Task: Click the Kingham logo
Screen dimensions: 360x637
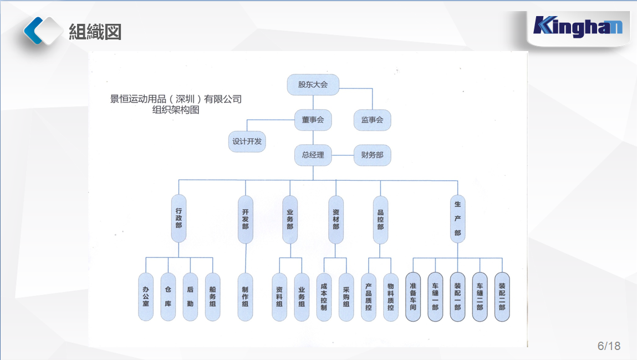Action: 578,27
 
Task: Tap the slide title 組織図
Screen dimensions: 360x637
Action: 95,32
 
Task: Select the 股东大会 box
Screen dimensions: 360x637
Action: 313,85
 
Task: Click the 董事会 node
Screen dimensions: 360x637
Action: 313,120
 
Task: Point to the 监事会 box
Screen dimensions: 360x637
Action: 372,120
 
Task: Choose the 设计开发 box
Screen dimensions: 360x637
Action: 247,141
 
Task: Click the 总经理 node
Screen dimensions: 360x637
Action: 313,155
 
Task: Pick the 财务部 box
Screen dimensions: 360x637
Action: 372,155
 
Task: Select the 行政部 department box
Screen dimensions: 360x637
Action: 179,219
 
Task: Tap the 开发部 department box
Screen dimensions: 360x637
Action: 246,219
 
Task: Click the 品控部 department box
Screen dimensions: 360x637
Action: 380,219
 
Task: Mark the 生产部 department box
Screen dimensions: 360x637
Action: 457,219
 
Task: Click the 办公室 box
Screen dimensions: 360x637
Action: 146,296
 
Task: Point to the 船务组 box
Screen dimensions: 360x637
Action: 212,296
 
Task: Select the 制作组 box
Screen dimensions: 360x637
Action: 246,296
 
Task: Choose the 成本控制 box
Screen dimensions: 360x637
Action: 324,296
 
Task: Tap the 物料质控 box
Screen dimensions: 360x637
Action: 391,296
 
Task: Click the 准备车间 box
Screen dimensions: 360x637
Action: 413,296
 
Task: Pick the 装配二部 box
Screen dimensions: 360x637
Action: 502,296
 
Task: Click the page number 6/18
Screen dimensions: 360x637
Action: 609,346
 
